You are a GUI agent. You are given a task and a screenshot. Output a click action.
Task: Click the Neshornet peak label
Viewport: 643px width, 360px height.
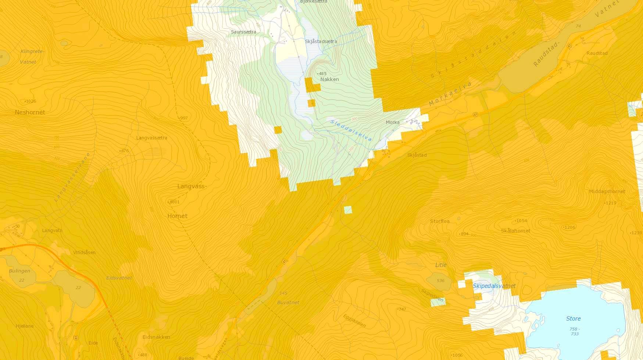click(x=30, y=112)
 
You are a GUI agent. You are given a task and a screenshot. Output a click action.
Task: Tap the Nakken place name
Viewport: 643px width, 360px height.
click(x=329, y=79)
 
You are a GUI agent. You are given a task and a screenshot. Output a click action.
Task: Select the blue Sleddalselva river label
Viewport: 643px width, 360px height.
click(x=351, y=130)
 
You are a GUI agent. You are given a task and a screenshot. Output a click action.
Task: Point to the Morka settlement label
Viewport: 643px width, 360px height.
click(x=393, y=122)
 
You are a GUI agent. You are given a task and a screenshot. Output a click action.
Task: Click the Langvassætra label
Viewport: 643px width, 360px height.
click(x=151, y=138)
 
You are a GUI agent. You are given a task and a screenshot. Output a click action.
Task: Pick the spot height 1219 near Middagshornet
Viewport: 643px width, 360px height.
click(x=610, y=203)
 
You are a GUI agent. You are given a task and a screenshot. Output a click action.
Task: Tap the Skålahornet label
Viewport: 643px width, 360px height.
click(x=515, y=231)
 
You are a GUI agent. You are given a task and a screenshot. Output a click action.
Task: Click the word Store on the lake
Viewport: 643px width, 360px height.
click(x=573, y=318)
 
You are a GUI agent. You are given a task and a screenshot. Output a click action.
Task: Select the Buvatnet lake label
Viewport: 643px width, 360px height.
click(x=288, y=302)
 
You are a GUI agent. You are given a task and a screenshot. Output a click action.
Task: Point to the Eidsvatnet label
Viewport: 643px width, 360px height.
click(x=119, y=278)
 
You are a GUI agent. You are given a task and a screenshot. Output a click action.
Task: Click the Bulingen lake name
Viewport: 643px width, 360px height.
click(x=19, y=271)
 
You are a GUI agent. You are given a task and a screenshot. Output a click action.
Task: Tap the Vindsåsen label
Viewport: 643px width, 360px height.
click(x=84, y=252)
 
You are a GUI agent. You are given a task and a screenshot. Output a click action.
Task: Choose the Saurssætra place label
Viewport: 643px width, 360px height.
click(x=243, y=32)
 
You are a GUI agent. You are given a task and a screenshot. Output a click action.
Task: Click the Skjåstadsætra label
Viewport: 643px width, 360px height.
click(x=321, y=42)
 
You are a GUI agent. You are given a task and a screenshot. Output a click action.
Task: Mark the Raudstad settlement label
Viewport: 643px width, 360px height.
click(x=597, y=53)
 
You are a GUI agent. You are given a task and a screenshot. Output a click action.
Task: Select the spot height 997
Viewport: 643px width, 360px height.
click(x=184, y=118)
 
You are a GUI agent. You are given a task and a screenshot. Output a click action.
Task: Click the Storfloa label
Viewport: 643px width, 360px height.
click(x=440, y=221)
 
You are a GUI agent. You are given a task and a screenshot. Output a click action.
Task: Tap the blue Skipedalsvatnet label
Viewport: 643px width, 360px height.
click(x=494, y=286)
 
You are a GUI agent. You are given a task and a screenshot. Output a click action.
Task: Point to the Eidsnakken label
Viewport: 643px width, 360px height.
click(x=156, y=337)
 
